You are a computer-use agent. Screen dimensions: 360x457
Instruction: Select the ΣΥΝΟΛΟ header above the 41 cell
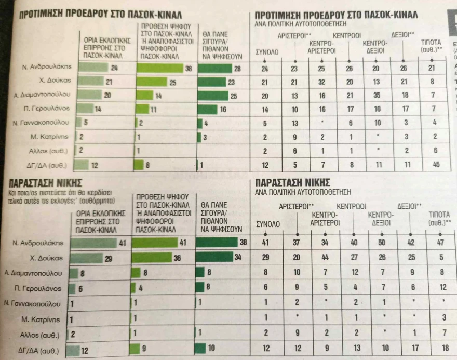pyautogui.click(x=268, y=223)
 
